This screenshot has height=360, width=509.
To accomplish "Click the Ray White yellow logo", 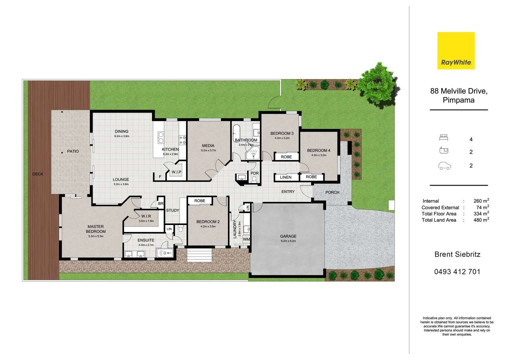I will click(456, 51).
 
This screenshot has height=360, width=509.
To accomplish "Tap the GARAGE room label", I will click(288, 236).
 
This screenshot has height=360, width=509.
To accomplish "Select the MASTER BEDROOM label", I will click(96, 229).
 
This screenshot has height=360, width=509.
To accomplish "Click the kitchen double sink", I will click(161, 137).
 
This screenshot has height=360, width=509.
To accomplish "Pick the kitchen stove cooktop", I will click(183, 140).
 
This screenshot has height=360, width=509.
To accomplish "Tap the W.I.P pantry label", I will click(176, 172).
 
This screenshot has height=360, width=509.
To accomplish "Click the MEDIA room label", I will click(208, 146).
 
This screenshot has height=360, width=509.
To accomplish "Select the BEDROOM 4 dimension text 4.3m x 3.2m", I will click(319, 155).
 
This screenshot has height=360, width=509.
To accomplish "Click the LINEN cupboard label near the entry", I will click(285, 177).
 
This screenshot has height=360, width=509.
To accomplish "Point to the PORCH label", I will click(332, 192).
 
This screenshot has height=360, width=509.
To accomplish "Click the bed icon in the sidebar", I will click(443, 138).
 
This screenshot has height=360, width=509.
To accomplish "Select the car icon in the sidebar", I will click(444, 166).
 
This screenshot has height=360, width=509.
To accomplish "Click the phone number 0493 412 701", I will click(457, 272).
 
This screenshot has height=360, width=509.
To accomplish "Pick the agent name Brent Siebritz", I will click(457, 254).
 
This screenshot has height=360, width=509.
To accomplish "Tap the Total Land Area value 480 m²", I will click(481, 220).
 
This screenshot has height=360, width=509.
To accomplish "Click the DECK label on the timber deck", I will click(38, 174).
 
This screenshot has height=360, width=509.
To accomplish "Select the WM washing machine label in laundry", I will click(246, 239).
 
